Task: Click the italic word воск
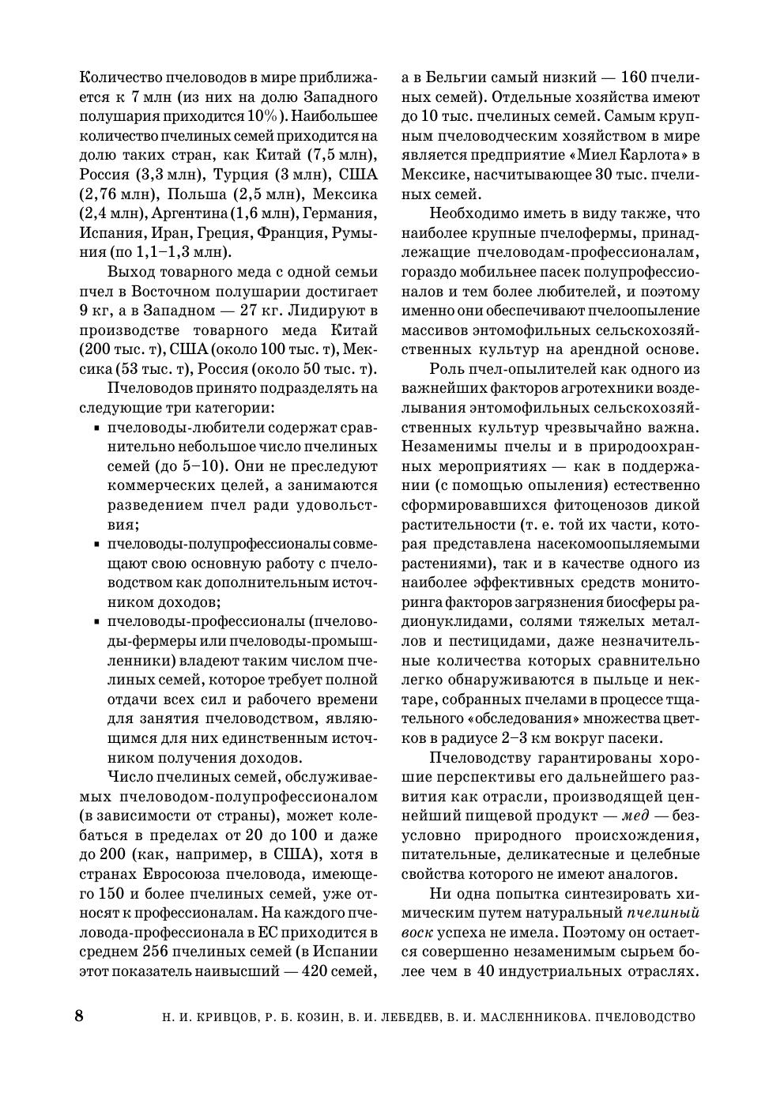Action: point(417,933)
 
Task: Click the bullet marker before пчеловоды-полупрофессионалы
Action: point(96,545)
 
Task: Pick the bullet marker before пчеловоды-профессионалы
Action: point(96,622)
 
